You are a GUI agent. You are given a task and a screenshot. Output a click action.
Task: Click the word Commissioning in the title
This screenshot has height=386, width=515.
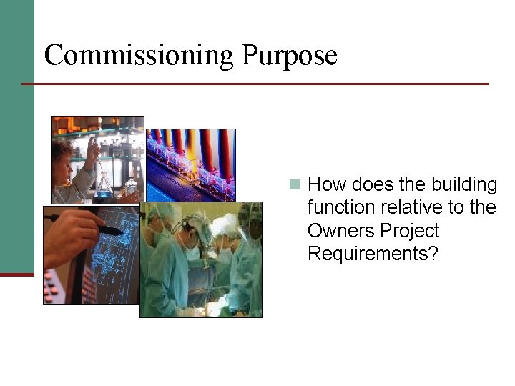coord(139,55)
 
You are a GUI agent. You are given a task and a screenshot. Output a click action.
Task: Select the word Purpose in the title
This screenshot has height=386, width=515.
coord(289,55)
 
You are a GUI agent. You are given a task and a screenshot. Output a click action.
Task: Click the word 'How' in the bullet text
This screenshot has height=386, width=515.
coord(326,184)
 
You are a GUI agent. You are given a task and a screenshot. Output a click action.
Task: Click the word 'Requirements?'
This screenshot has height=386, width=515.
coord(372,254)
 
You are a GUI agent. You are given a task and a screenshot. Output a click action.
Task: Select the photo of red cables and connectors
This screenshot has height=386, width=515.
coord(190,164)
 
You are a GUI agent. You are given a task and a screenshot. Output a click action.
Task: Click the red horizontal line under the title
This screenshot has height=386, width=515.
coord(255,84)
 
